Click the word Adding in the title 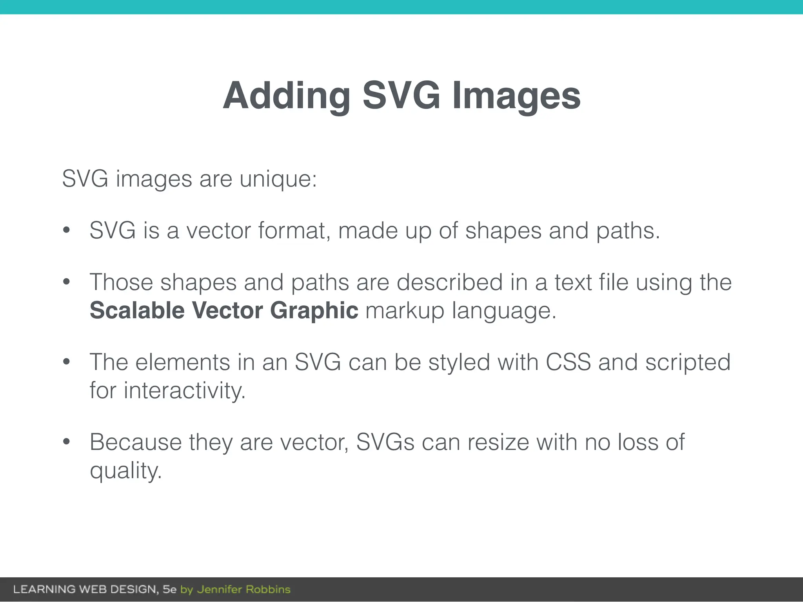click(287, 96)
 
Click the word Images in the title click(516, 96)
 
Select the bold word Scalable click(137, 310)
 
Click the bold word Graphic click(314, 310)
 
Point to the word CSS click(568, 362)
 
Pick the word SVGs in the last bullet click(385, 442)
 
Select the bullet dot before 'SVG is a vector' click(66, 230)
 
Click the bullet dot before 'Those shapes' click(66, 282)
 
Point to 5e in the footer click(169, 589)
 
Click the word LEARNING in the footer click(44, 589)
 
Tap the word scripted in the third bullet click(688, 362)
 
